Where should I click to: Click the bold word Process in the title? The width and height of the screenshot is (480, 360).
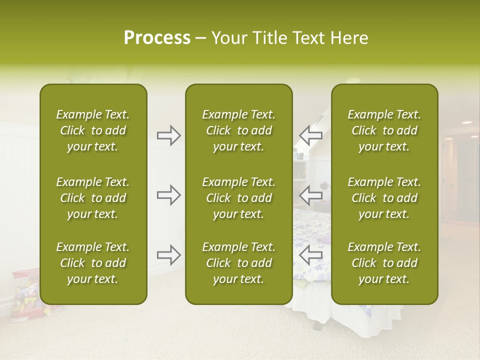pyautogui.click(x=157, y=37)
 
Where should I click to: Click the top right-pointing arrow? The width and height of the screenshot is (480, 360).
pyautogui.click(x=168, y=135)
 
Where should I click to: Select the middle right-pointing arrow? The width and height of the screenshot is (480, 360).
pyautogui.click(x=168, y=195)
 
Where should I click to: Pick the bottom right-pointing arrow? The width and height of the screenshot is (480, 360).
pyautogui.click(x=168, y=255)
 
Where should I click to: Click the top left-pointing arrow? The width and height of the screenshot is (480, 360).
pyautogui.click(x=311, y=135)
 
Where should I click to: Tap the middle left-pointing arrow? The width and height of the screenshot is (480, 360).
pyautogui.click(x=311, y=195)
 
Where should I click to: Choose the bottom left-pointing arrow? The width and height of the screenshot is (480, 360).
pyautogui.click(x=311, y=255)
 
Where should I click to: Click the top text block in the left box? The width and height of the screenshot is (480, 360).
pyautogui.click(x=93, y=130)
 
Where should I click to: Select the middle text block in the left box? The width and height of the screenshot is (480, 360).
pyautogui.click(x=93, y=198)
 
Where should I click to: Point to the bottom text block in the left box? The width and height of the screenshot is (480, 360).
pyautogui.click(x=93, y=263)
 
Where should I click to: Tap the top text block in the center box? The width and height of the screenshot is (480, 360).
pyautogui.click(x=238, y=130)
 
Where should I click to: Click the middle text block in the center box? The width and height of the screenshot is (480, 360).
pyautogui.click(x=238, y=198)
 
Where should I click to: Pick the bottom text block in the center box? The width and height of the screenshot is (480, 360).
pyautogui.click(x=238, y=263)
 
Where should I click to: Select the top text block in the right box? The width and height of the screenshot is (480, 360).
pyautogui.click(x=384, y=130)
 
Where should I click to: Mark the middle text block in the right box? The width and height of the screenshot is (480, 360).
pyautogui.click(x=384, y=198)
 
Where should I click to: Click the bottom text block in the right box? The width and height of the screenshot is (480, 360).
pyautogui.click(x=384, y=263)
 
